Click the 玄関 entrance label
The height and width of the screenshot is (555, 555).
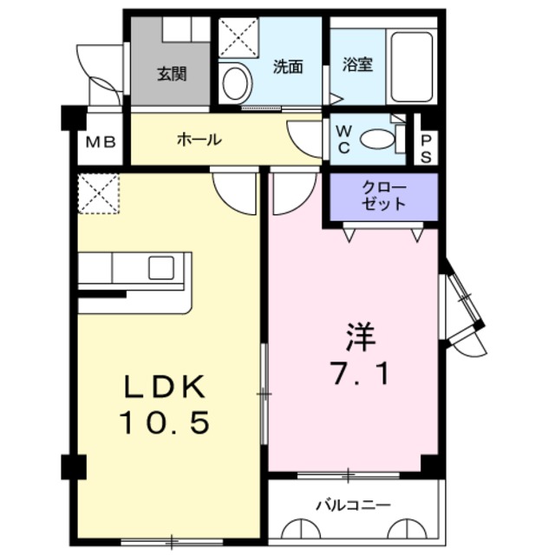[172, 74]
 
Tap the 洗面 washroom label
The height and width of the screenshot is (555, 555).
[287, 66]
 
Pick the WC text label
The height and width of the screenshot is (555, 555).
[343, 140]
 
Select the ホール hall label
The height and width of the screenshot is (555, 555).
[199, 139]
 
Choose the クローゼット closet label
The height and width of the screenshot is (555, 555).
[382, 197]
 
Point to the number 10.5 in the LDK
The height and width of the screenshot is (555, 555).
[164, 422]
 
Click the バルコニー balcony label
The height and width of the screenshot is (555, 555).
[353, 505]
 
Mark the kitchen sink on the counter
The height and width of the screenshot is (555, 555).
[161, 268]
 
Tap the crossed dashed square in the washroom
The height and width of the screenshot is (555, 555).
[236, 37]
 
